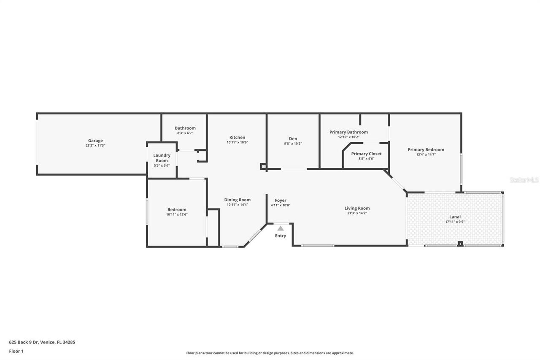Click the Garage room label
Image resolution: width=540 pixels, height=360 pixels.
tap(95, 141)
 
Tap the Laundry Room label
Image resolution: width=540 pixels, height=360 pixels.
tap(162, 158)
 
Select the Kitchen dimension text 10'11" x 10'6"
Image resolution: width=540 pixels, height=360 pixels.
tap(237, 143)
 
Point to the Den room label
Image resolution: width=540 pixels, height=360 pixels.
tap(293, 138)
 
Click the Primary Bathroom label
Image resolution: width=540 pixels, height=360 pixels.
tap(348, 132)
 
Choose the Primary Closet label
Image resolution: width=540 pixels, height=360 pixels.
tap(366, 154)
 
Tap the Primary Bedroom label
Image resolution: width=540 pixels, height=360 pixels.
tap(426, 149)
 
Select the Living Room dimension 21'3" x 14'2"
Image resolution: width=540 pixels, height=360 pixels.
tap(357, 213)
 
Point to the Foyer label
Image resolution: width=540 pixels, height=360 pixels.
tap(281, 200)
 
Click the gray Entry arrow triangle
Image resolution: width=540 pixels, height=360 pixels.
tap(281, 228)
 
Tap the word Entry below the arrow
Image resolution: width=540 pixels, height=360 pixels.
tap(281, 236)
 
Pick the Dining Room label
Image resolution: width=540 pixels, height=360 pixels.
tap(237, 200)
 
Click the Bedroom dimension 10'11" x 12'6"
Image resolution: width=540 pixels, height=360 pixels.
tap(177, 214)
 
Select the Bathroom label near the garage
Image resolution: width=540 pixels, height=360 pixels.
tap(185, 128)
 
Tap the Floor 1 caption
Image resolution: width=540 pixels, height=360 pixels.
tap(16, 351)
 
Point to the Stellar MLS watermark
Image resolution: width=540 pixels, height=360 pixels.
tap(524, 180)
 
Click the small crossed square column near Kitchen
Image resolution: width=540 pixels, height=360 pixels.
tap(264, 167)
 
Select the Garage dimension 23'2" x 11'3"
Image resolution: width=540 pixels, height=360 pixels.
tap(95, 146)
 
